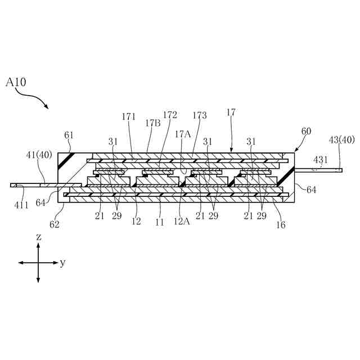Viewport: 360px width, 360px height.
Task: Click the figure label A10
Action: (x=16, y=82)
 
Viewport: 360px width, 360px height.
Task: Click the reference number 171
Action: (x=129, y=116)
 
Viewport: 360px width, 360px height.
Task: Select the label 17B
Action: (x=152, y=123)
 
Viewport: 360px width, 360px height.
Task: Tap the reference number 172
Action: (x=169, y=115)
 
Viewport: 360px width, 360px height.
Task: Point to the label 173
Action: (x=199, y=115)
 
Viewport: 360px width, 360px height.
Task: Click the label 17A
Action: (x=182, y=134)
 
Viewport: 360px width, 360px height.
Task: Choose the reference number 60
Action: (x=306, y=131)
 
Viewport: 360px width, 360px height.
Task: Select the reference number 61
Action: (x=69, y=135)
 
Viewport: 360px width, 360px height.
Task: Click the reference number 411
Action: (x=21, y=205)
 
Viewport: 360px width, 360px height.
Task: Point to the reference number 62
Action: (x=54, y=224)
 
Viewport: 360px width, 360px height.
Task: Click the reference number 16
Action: (x=281, y=225)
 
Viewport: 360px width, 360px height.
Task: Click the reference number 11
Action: (x=160, y=222)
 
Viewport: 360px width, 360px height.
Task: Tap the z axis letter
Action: (x=38, y=237)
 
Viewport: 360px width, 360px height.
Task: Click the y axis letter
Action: (x=62, y=263)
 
